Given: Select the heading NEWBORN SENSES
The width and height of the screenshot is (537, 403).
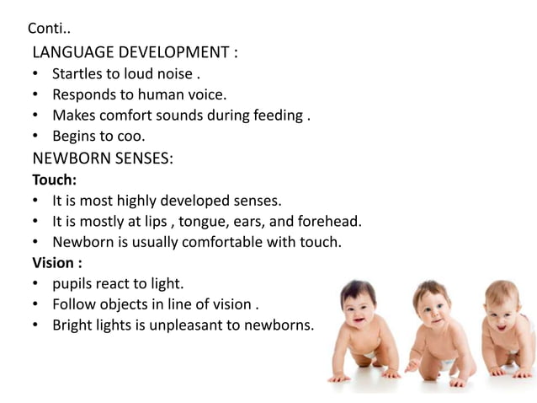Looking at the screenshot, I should tap(103, 159).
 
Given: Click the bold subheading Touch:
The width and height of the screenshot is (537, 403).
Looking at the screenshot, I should tap(54, 180).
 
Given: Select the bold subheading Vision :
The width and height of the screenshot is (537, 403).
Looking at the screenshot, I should tap(57, 261).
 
